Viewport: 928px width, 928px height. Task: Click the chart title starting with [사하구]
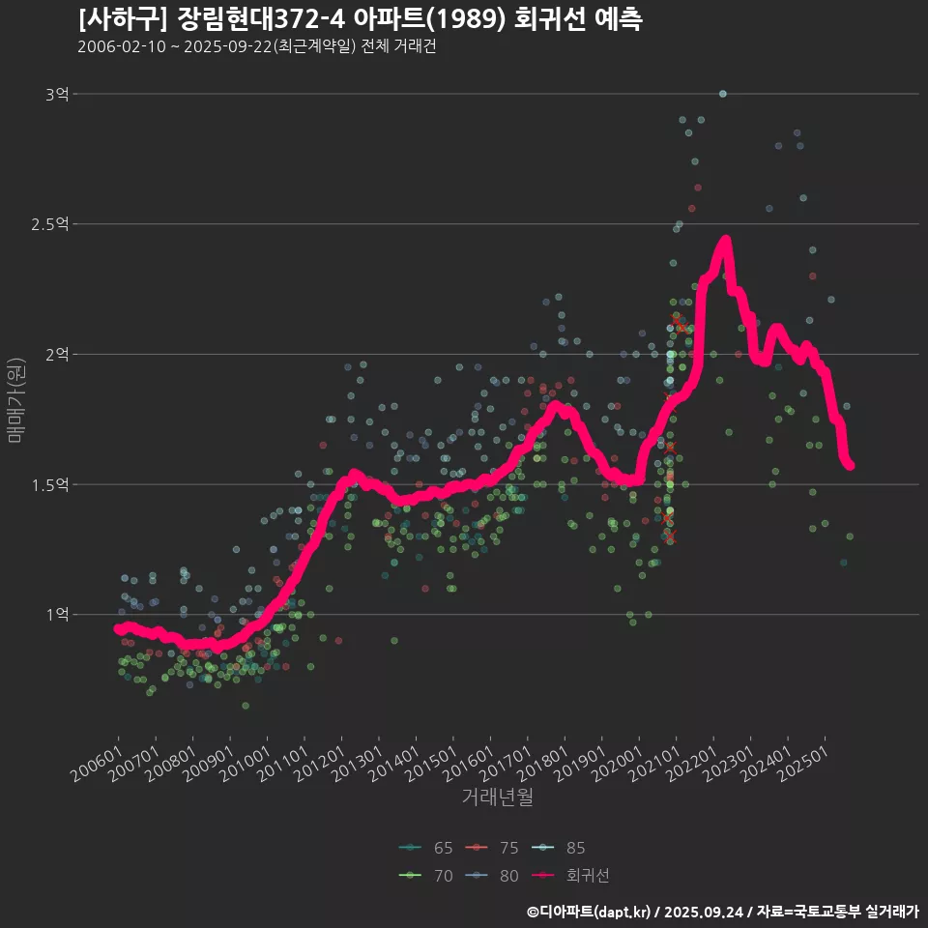coord(360,18)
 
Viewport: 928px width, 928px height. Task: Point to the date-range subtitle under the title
coord(256,46)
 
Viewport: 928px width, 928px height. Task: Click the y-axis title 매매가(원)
coord(14,398)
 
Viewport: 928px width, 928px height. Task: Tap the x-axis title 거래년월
coord(497,797)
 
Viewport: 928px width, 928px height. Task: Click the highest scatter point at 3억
coord(722,94)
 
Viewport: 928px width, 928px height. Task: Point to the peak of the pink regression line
coord(725,239)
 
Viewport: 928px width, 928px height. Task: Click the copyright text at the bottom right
coord(722,911)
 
